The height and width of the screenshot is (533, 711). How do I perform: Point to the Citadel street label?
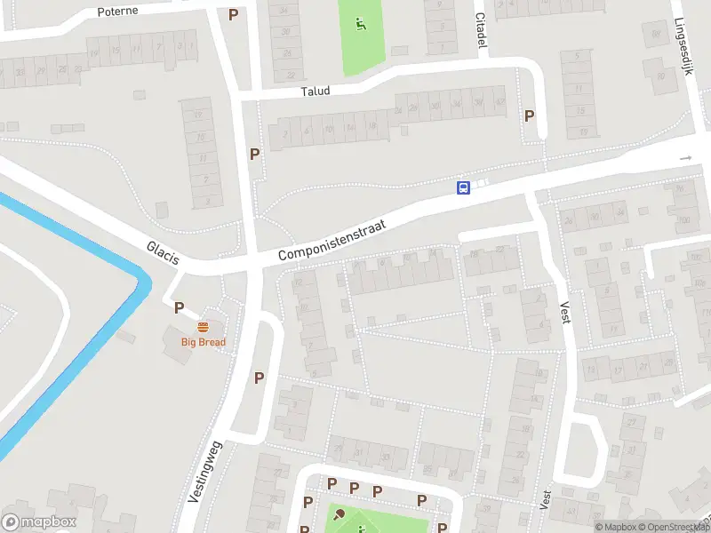(x=482, y=29)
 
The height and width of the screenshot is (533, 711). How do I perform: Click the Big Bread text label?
(x=204, y=342)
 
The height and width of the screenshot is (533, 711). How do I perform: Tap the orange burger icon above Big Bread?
(x=204, y=327)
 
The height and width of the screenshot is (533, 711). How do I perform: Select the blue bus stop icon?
(x=463, y=187)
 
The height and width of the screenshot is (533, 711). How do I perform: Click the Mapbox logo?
(x=39, y=522)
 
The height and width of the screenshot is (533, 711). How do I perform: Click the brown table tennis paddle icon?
(x=339, y=513)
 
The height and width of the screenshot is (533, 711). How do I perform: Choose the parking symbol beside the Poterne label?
(x=234, y=14)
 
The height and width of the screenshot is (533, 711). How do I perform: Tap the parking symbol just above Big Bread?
(x=179, y=308)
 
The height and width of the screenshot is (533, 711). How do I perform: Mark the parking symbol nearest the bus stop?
(x=530, y=115)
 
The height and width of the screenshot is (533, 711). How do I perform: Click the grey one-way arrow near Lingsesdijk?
(x=685, y=158)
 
